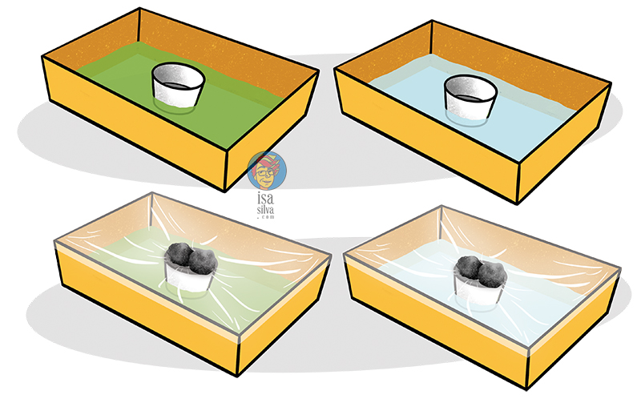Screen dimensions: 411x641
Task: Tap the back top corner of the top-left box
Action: (x=139, y=10)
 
